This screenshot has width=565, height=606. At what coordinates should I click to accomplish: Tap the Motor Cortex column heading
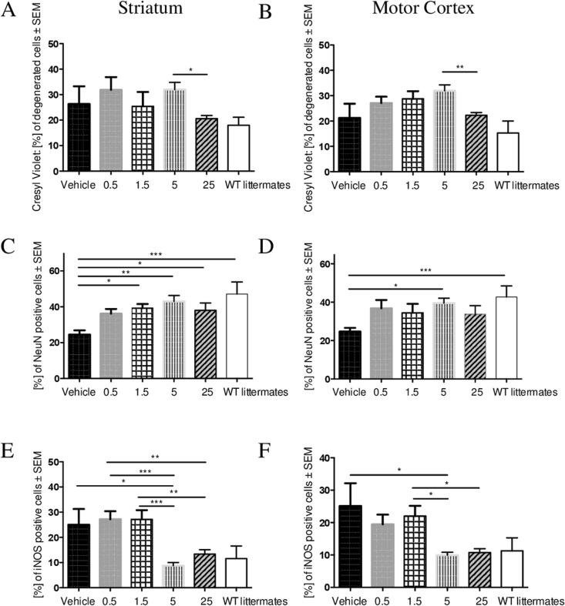click(x=432, y=13)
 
